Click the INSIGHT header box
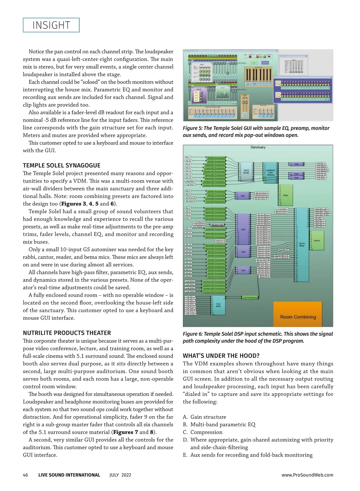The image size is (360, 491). (51, 25)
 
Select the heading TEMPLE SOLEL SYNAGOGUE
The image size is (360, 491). (61, 165)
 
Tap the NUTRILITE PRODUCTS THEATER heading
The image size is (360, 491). (67, 333)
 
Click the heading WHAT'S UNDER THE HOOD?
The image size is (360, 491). (221, 356)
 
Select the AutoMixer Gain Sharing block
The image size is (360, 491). (270, 173)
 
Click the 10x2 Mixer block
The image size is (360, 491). (219, 305)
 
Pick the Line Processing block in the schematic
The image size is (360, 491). (250, 297)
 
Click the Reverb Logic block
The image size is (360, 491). (217, 225)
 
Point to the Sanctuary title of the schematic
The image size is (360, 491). (258, 147)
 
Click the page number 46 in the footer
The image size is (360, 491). (25, 475)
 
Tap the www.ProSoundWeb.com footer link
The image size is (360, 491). (307, 475)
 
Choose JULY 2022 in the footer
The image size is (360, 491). (120, 475)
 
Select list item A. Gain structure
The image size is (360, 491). (205, 417)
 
